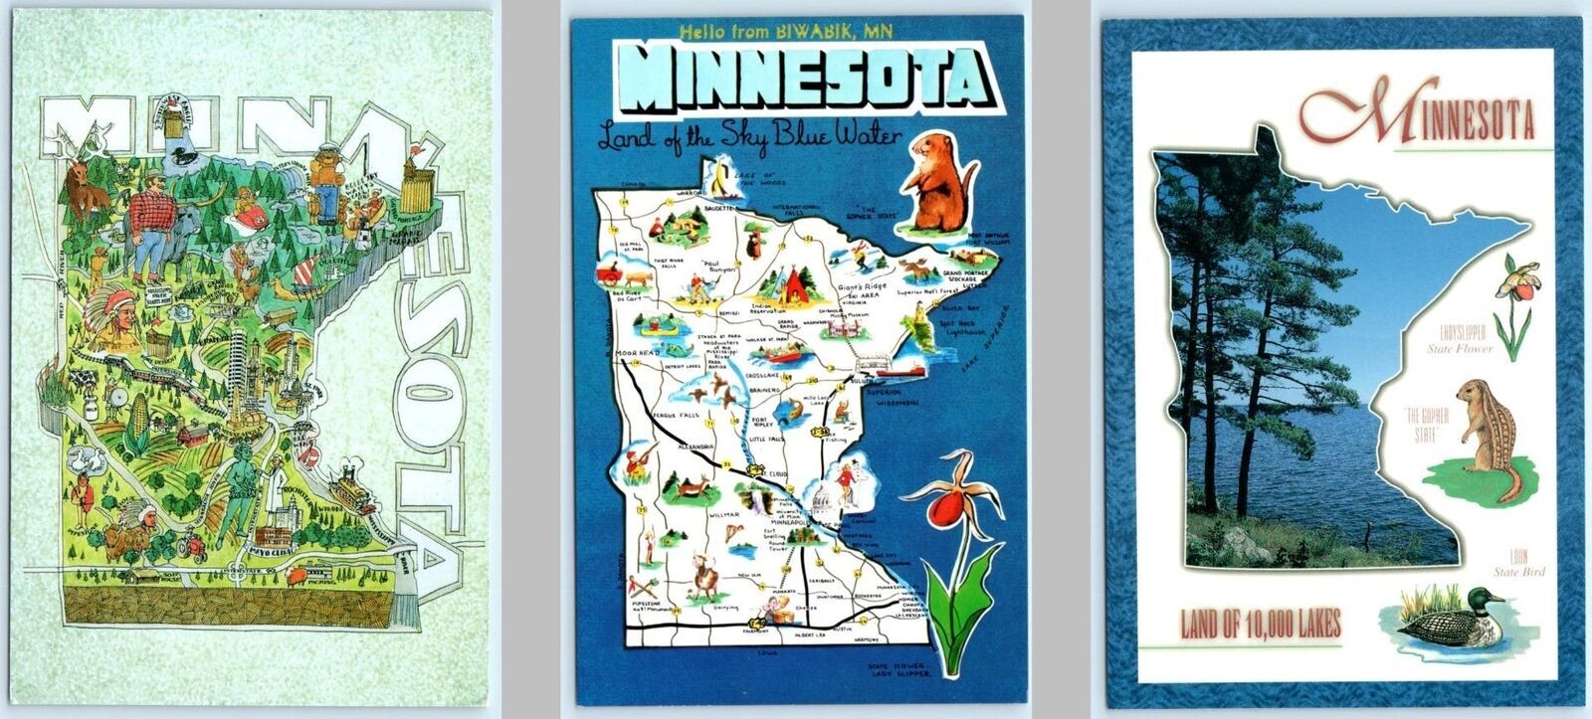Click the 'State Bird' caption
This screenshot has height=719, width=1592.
(1517, 572)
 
